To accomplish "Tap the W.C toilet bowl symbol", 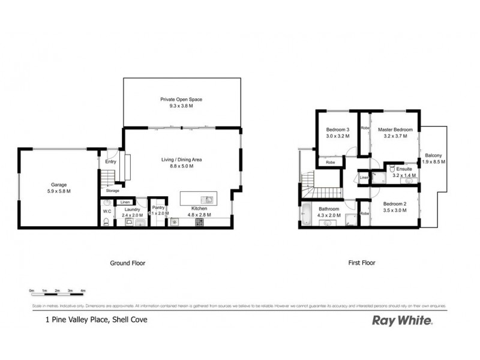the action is click(106, 222).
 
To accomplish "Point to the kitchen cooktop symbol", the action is click(199, 223).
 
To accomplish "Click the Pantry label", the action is click(158, 208).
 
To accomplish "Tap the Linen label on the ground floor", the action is click(125, 202).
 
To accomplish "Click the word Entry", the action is click(111, 161).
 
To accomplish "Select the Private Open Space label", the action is click(181, 99).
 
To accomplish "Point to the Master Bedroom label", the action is click(395, 130).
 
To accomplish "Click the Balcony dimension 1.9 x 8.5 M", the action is click(434, 162).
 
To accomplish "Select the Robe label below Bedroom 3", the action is click(330, 162).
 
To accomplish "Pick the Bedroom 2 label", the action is click(395, 204).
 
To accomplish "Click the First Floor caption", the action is click(362, 263).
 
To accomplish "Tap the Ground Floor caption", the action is click(127, 263).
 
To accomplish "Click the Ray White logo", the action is click(402, 320).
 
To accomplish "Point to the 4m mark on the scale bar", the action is click(83, 291).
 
